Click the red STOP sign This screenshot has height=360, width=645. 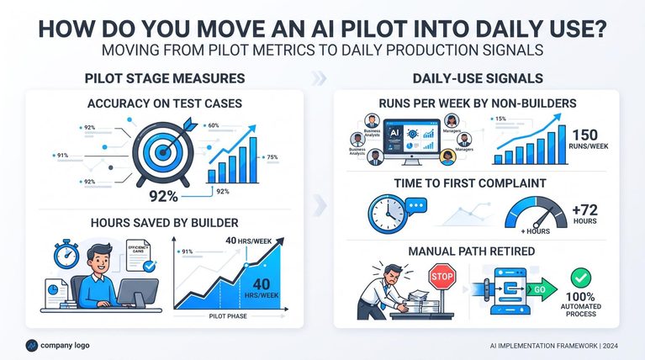[x=442, y=277]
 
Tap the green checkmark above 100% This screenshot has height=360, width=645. [x=581, y=278]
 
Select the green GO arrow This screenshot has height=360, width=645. [x=542, y=289]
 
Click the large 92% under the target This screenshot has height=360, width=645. [x=163, y=196]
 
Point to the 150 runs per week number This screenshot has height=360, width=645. [x=585, y=135]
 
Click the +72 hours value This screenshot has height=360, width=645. [x=585, y=210]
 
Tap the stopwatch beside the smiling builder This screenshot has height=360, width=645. [x=66, y=254]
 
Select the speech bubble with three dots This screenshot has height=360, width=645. [x=416, y=206]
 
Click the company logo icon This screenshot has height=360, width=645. [x=32, y=346]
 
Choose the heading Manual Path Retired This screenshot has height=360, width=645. [x=472, y=251]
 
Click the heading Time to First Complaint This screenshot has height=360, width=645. [x=470, y=183]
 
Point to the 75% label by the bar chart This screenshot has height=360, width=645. [x=272, y=156]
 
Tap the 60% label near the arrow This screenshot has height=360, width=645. [x=214, y=125]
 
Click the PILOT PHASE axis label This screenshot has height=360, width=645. [x=228, y=316]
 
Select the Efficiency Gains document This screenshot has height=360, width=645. [x=138, y=255]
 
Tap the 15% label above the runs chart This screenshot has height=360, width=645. [x=500, y=119]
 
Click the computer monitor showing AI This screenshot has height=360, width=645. [x=411, y=141]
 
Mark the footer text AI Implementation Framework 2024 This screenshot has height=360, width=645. [x=553, y=346]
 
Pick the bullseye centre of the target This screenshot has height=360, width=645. [x=163, y=152]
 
